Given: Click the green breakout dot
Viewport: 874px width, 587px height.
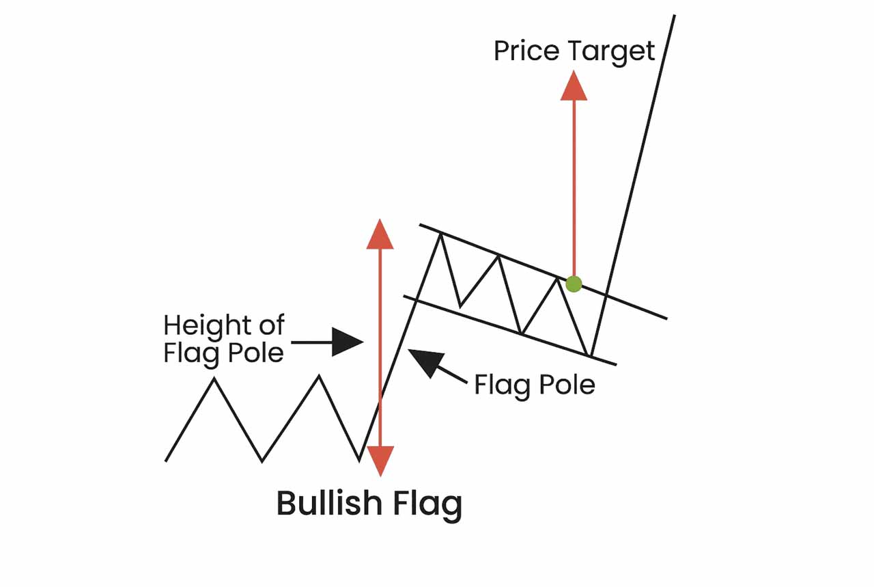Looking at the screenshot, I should (574, 284).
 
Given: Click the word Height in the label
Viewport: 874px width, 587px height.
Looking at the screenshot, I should (203, 325).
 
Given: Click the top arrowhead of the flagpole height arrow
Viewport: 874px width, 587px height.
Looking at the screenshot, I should (380, 234).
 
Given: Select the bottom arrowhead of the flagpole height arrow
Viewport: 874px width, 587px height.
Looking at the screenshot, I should (380, 460).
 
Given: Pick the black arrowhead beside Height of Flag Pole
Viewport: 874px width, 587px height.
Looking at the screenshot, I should (347, 342).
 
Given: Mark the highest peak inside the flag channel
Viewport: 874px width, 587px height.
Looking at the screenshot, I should (441, 234).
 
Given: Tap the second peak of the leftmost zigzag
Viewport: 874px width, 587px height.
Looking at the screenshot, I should (319, 375).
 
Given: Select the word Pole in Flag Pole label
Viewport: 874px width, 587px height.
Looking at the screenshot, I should (567, 385).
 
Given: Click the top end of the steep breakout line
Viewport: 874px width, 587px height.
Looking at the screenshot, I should (674, 16).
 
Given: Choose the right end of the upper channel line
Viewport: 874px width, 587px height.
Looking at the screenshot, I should (666, 318).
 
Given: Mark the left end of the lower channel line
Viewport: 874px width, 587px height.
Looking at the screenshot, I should (405, 297).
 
